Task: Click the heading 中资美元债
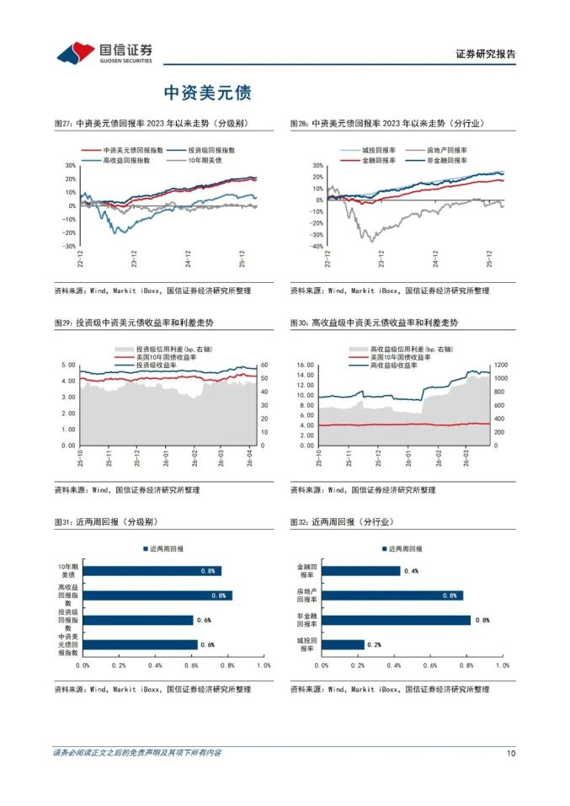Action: (x=207, y=93)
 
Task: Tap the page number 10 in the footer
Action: (x=510, y=753)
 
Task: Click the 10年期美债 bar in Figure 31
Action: (x=152, y=571)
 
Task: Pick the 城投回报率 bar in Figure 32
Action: (x=344, y=644)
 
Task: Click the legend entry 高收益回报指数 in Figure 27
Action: (x=126, y=159)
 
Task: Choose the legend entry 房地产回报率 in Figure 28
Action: (x=447, y=149)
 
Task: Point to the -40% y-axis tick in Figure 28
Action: (x=317, y=247)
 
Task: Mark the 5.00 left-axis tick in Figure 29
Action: (x=68, y=365)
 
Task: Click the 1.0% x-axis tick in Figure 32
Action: (x=503, y=665)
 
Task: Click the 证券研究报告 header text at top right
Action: (x=486, y=54)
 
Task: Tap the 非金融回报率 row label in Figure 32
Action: (x=306, y=620)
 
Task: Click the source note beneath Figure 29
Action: (x=127, y=489)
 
